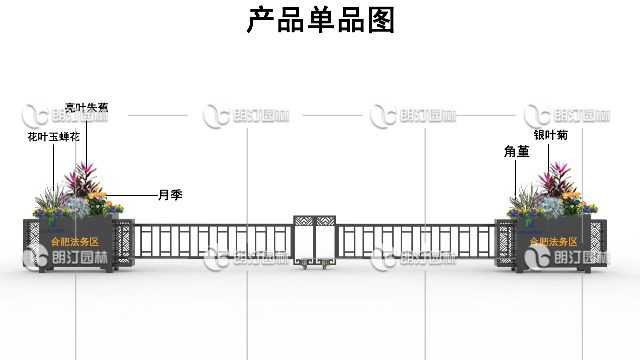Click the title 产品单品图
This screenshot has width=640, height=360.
[x=320, y=20]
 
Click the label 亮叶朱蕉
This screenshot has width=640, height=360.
[x=86, y=107]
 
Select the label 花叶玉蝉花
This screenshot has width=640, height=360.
[x=52, y=135]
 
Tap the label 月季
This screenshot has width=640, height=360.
[x=169, y=194]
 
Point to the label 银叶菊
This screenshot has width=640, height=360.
[x=550, y=135]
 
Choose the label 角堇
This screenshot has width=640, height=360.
[x=516, y=152]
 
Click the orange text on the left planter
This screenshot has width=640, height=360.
[x=75, y=242]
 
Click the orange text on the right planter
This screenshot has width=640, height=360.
[x=553, y=242]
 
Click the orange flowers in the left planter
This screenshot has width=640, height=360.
[x=98, y=207]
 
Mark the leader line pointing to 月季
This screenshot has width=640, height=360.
[x=130, y=194]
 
